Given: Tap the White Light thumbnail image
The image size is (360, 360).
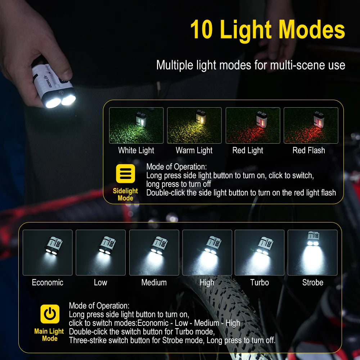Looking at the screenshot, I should [136, 125].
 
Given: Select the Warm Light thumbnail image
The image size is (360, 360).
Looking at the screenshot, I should [194, 125].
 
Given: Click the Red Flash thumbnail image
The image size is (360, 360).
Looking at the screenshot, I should [311, 125].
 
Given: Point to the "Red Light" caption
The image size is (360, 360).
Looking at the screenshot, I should [248, 150].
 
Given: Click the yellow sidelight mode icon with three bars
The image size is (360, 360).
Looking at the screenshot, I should [125, 174].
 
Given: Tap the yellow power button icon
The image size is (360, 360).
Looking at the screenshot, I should [50, 314].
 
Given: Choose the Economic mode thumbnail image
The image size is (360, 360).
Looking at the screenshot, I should [48, 252].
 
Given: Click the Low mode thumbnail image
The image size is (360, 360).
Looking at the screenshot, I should [100, 252].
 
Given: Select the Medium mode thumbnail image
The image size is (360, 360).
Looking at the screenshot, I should [154, 252].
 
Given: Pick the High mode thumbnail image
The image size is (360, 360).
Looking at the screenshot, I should [207, 252].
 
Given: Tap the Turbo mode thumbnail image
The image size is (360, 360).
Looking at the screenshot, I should [260, 252].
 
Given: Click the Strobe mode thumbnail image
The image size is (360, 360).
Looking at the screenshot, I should [312, 252].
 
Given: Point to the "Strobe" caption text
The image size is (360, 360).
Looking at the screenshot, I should [312, 283].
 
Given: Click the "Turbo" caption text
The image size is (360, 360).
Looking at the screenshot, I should [260, 283].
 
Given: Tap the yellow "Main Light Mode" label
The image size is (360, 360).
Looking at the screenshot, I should [49, 335].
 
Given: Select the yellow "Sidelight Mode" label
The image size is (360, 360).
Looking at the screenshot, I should [125, 194].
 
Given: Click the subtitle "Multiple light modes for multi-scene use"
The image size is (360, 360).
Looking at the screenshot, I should [251, 65].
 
